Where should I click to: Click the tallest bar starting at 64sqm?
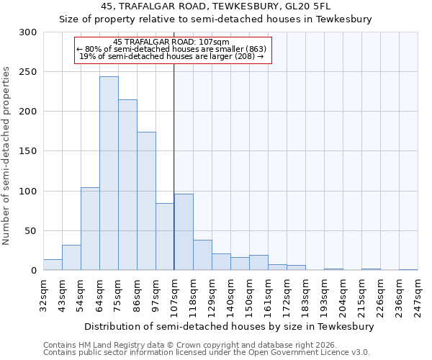click(x=109, y=174)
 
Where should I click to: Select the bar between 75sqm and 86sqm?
click(x=127, y=185)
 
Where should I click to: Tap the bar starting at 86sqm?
click(x=146, y=201)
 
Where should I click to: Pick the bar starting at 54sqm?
click(x=90, y=229)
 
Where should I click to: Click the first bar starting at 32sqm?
click(x=53, y=265)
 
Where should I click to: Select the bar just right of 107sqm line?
click(x=184, y=232)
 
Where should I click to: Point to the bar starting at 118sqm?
click(x=202, y=255)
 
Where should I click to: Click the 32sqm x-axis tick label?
click(x=43, y=294)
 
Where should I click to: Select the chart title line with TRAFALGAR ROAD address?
click(x=216, y=6)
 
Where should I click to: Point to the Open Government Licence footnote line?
click(x=207, y=352)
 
